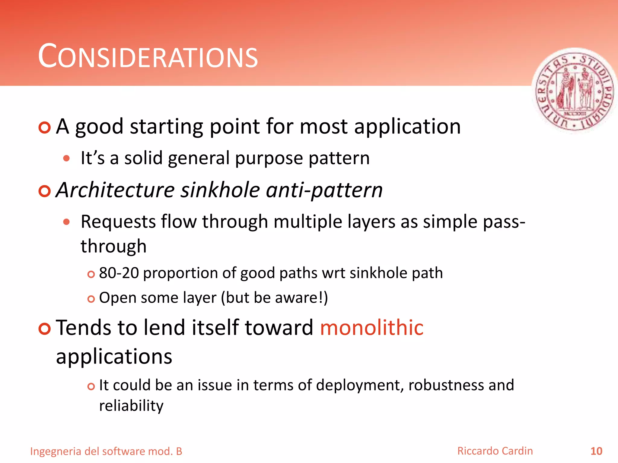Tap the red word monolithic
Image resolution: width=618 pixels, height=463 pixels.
click(371, 328)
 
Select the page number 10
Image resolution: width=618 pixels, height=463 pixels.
click(596, 451)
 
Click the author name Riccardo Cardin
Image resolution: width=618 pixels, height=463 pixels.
click(495, 451)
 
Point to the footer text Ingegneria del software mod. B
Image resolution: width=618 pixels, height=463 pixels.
click(106, 451)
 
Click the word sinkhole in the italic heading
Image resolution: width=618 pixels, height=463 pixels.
click(220, 190)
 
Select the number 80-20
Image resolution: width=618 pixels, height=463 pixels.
click(119, 273)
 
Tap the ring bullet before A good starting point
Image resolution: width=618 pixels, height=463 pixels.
click(45, 128)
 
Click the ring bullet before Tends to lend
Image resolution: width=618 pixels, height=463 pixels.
click(45, 329)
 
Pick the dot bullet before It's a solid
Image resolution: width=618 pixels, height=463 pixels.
click(67, 159)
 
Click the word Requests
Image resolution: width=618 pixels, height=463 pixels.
click(118, 222)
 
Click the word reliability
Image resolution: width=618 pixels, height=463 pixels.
click(131, 406)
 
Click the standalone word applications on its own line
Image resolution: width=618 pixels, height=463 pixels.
click(114, 357)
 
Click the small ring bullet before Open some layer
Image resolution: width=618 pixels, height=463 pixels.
click(91, 299)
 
